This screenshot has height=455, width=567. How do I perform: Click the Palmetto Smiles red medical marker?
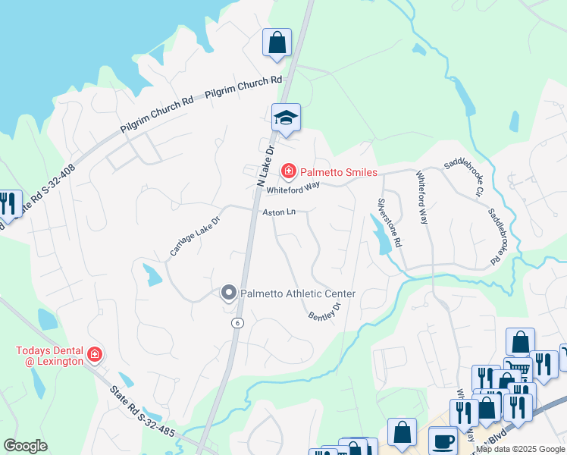[288, 172]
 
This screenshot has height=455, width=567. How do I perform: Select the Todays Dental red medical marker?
[95, 353]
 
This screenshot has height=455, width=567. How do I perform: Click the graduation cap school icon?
[286, 118]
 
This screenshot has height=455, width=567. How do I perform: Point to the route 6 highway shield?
[238, 322]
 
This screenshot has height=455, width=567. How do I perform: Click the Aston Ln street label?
[278, 213]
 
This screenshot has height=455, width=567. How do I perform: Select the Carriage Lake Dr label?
[194, 235]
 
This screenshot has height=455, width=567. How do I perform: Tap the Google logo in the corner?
[26, 446]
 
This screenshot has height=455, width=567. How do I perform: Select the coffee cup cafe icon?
[442, 441]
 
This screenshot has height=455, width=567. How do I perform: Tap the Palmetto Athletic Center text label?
[298, 293]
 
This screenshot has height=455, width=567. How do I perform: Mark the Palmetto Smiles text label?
[338, 172]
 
